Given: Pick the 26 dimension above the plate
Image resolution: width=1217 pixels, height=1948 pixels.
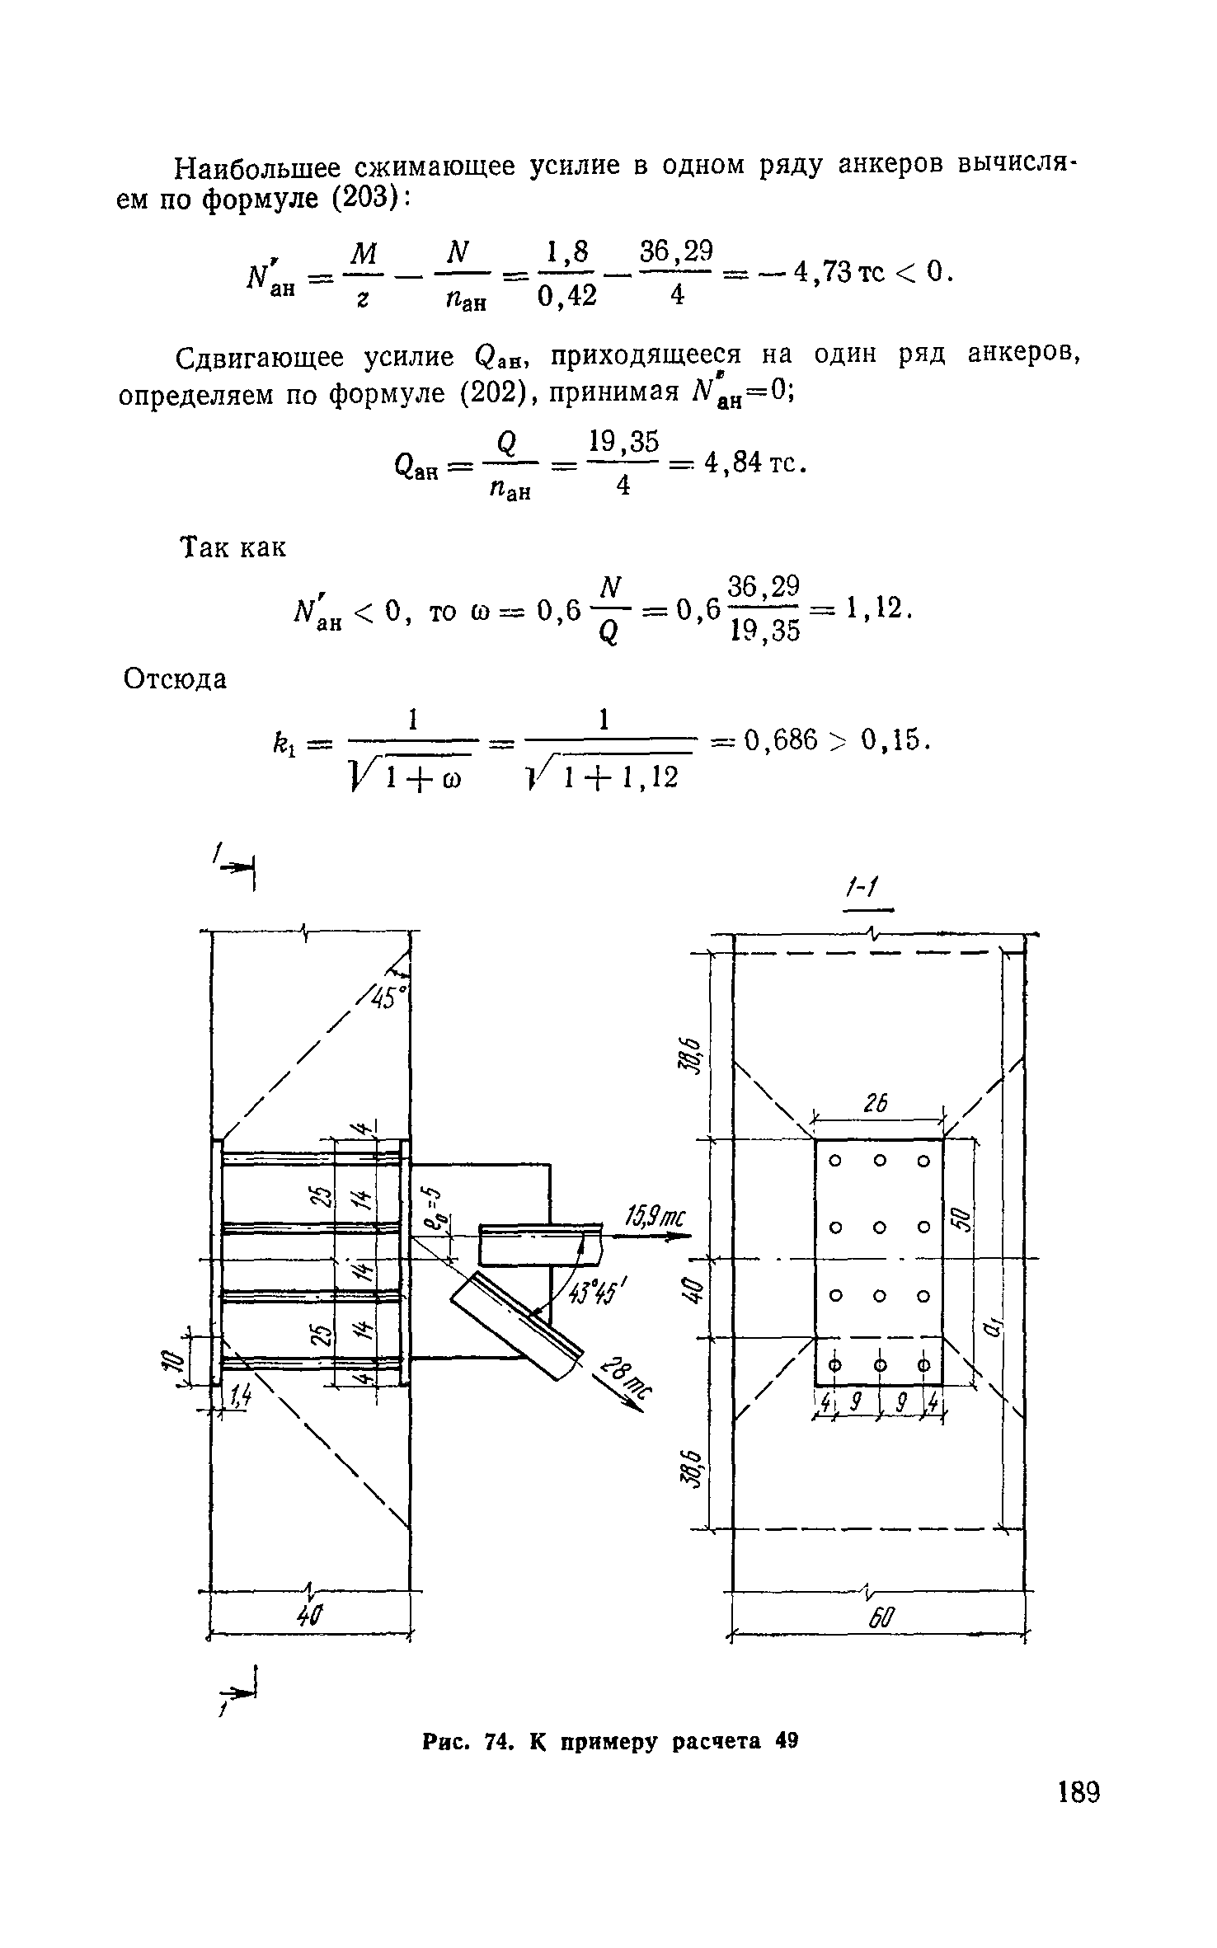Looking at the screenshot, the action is point(876,1104).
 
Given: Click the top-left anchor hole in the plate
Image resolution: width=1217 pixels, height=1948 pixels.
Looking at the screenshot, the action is point(834,1161).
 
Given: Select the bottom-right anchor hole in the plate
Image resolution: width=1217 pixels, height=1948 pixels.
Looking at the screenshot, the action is point(923,1364).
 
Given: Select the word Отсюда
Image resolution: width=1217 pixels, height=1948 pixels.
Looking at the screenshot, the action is point(175,680).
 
